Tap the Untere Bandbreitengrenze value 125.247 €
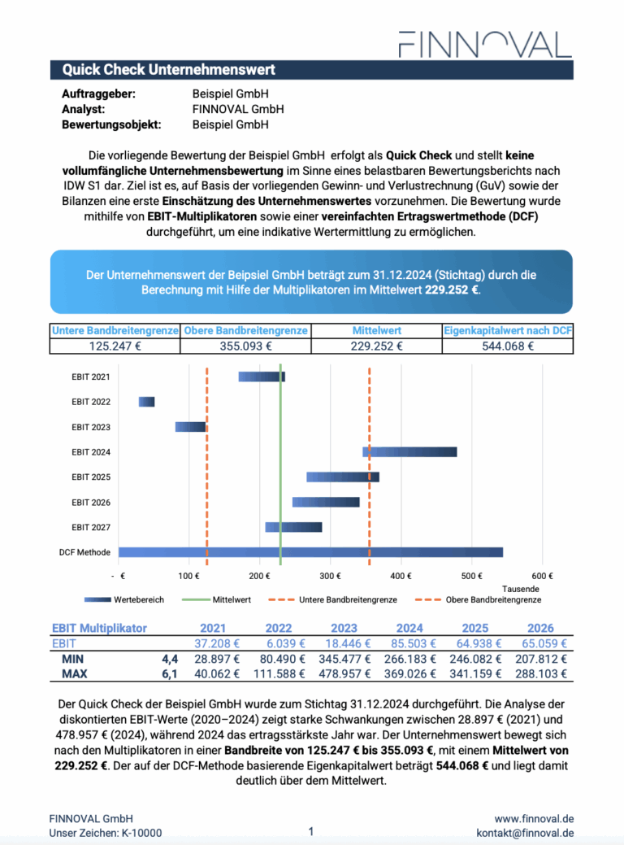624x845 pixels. pos(115,346)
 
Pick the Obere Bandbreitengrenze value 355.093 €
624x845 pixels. pos(245,346)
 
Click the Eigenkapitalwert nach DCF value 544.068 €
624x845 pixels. pos(508,346)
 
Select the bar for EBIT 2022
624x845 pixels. pos(146,402)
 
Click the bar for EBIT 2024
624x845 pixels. pos(409,452)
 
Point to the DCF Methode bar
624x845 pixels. pos(310,552)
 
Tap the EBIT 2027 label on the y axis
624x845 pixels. pos(90,528)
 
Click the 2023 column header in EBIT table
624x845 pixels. pos(344,628)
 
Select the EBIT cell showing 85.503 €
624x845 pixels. pos(409,643)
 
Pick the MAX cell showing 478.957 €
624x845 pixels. pos(344,674)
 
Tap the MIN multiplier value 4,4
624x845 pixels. pos(169,659)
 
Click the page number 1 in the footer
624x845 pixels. pos(311,831)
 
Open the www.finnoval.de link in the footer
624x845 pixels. pos(535,818)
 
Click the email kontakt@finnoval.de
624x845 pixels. pos(525,833)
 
